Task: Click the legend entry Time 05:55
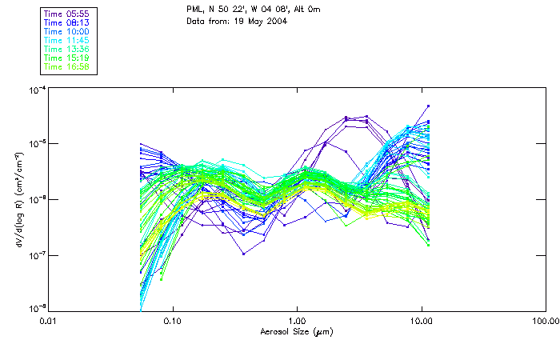point(67,14)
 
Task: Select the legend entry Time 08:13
point(67,23)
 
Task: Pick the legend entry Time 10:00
point(67,32)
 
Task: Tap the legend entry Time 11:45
point(67,40)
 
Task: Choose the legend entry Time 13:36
point(67,49)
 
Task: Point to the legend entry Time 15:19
point(67,58)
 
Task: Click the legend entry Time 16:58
point(67,66)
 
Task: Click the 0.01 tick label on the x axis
point(49,320)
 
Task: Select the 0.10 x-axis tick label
point(173,320)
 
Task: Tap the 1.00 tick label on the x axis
point(297,320)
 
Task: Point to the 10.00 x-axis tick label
point(422,320)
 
